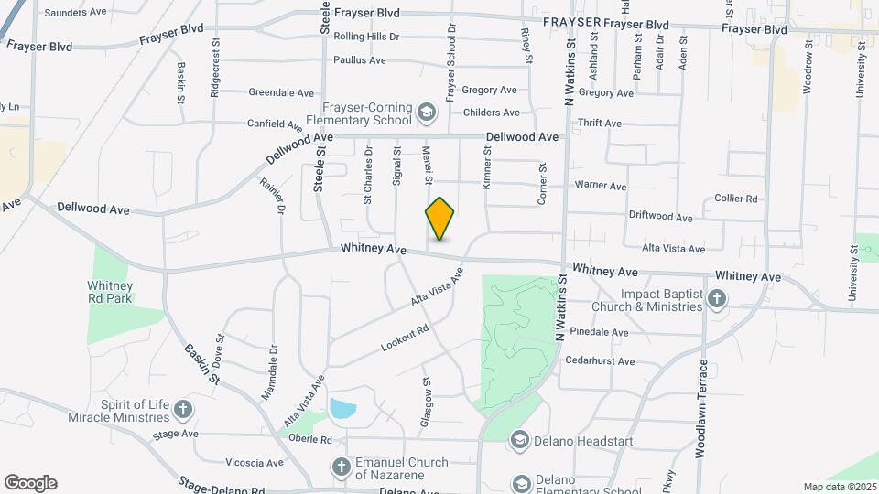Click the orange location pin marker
(x=440, y=218)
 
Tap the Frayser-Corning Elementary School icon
(x=426, y=113)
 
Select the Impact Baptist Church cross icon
(x=717, y=298)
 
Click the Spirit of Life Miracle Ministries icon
(x=183, y=409)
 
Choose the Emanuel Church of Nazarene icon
(x=341, y=467)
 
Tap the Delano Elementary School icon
(x=521, y=483)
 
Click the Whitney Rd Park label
(x=111, y=292)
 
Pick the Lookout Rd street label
(x=406, y=337)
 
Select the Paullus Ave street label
(x=360, y=60)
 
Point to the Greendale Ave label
(x=282, y=92)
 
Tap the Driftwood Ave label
(x=660, y=217)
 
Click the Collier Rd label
(x=736, y=199)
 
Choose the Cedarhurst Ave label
(x=600, y=361)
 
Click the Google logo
(x=30, y=483)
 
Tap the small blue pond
(x=342, y=408)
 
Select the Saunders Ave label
(x=76, y=13)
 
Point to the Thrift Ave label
(x=600, y=123)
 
